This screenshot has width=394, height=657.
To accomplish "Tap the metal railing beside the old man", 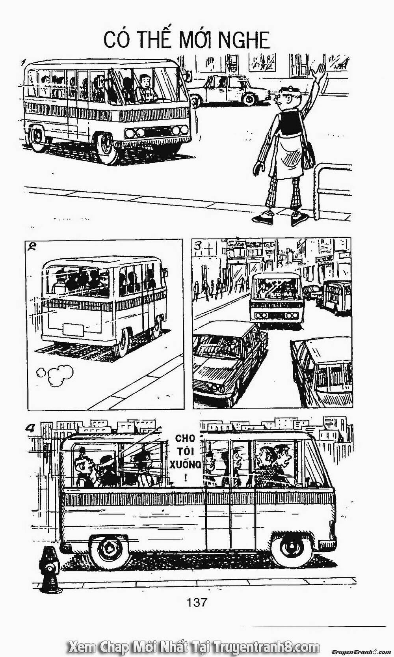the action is point(331,188).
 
